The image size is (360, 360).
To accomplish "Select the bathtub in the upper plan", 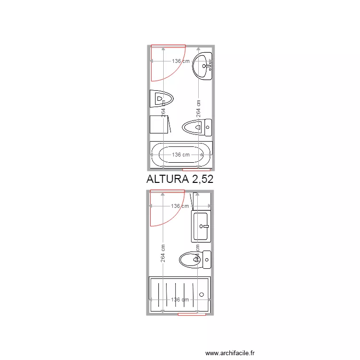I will pyautogui.click(x=180, y=155).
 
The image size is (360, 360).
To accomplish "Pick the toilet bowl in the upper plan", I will pyautogui.click(x=193, y=128).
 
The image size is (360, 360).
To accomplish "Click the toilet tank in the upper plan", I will pyautogui.click(x=208, y=127).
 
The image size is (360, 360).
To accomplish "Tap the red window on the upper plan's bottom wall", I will pyautogui.click(x=196, y=169).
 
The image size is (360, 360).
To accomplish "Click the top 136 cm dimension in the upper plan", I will pyautogui.click(x=180, y=61).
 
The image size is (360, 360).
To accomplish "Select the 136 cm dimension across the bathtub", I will pyautogui.click(x=180, y=155).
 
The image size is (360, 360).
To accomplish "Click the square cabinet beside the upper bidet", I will pyautogui.click(x=159, y=124).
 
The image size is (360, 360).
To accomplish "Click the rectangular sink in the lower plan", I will pyautogui.click(x=201, y=226).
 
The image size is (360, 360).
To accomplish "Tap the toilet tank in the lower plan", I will pyautogui.click(x=207, y=260).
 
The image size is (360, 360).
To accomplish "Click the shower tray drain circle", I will pyautogui.click(x=202, y=293).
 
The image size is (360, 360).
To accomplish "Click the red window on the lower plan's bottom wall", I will pyautogui.click(x=192, y=314).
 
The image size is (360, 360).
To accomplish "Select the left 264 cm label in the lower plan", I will pyautogui.click(x=163, y=254).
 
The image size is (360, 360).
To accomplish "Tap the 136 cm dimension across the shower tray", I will pyautogui.click(x=180, y=300).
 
